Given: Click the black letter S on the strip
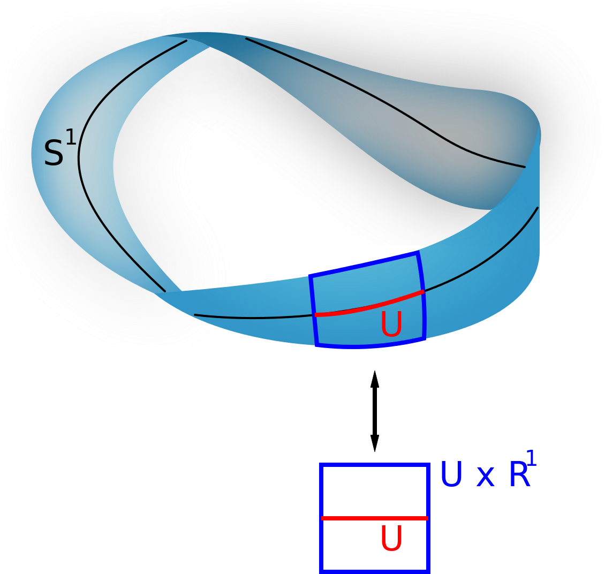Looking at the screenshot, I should pyautogui.click(x=54, y=153).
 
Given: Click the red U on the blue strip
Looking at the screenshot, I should pyautogui.click(x=391, y=324).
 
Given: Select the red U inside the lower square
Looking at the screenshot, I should pyautogui.click(x=391, y=539).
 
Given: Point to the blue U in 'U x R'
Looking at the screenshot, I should pyautogui.click(x=451, y=475).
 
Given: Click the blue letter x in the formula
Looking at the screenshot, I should pyautogui.click(x=485, y=478).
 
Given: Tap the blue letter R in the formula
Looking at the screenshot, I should pyautogui.click(x=519, y=475).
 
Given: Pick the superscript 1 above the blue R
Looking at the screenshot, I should pyautogui.click(x=531, y=459).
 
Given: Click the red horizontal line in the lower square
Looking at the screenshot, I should pyautogui.click(x=374, y=518).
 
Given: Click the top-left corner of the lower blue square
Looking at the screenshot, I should pyautogui.click(x=321, y=464).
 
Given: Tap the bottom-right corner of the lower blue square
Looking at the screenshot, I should pyautogui.click(x=428, y=571).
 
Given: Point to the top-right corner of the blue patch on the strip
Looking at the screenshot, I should pyautogui.click(x=418, y=254).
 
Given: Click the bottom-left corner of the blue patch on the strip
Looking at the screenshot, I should pyautogui.click(x=317, y=344).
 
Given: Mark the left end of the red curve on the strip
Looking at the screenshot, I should pyautogui.click(x=316, y=315).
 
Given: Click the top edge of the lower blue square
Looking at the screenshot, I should pyautogui.click(x=374, y=464).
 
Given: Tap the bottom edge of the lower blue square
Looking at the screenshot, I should pyautogui.click(x=374, y=571).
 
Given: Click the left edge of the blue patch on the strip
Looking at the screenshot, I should pyautogui.click(x=313, y=311).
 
